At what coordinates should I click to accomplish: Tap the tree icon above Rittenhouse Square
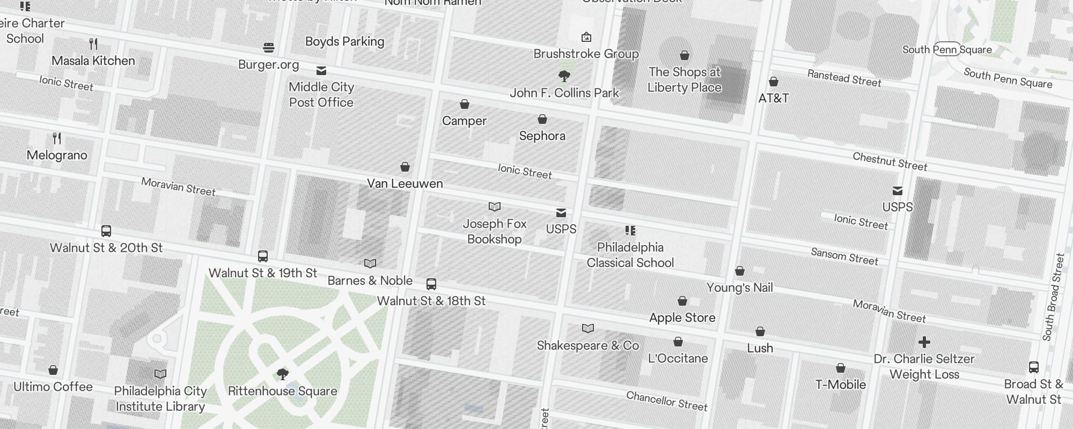pos(282,374)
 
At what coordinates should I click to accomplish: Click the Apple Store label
pos(682,317)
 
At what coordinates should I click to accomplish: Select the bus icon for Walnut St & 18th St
pos(431,284)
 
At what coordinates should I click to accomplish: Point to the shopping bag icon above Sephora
pos(542,119)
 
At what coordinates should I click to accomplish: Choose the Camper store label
pos(464,121)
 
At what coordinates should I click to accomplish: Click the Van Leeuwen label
pos(405,183)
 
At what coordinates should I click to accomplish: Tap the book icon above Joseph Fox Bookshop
pos(495,207)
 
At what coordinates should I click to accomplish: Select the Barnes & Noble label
pos(370,280)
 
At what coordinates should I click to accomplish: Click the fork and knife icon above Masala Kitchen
pos(94,44)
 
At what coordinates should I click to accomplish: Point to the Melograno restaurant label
pos(57,155)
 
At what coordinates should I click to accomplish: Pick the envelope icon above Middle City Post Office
pos(321,71)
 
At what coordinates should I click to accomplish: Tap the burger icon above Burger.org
pos(269,48)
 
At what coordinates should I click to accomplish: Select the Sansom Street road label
pos(844,256)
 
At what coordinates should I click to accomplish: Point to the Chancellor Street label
pos(667,401)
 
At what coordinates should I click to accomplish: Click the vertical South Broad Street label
pos(1053,297)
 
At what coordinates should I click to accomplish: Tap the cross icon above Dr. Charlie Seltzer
pos(924,342)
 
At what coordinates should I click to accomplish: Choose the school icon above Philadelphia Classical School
pos(630,231)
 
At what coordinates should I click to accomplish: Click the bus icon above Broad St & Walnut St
pos(1034,367)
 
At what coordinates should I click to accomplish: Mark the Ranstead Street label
pos(844,78)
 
